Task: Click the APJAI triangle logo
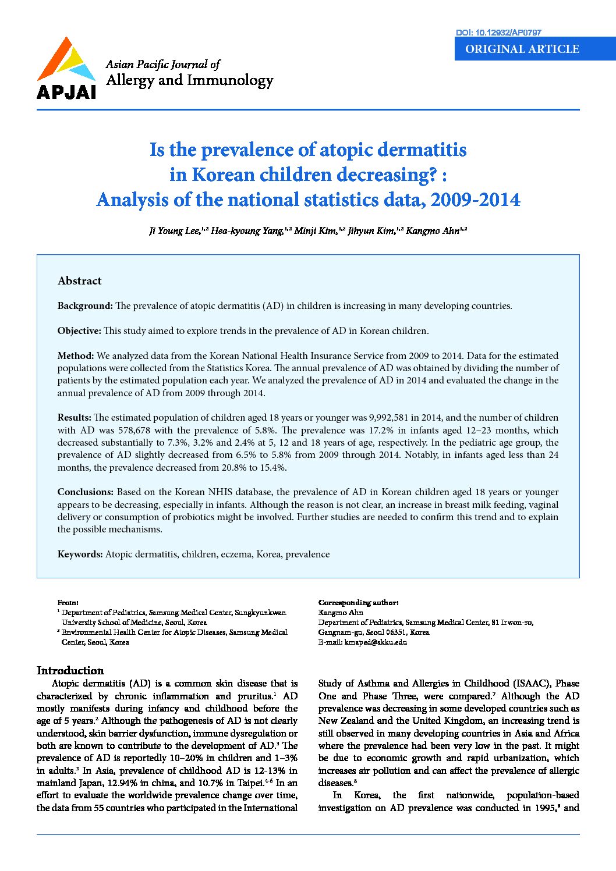click(x=66, y=62)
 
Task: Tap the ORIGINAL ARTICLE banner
click(x=522, y=49)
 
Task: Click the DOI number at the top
click(x=498, y=33)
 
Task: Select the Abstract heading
click(x=79, y=281)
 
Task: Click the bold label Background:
click(x=85, y=306)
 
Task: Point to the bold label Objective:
click(x=79, y=331)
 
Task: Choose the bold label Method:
click(x=76, y=355)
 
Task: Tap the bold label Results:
click(x=75, y=418)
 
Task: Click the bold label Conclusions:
click(x=86, y=492)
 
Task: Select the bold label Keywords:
click(x=80, y=554)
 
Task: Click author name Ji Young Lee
click(x=174, y=231)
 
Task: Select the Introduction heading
click(x=70, y=670)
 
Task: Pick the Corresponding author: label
click(x=358, y=603)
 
